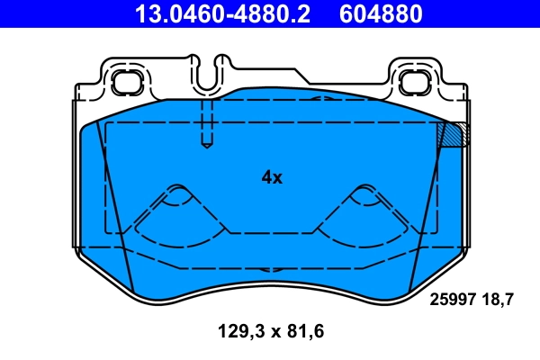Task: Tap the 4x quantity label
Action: click(272, 177)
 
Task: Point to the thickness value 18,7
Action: click(499, 301)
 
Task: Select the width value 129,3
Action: click(238, 332)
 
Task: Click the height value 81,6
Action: click(305, 332)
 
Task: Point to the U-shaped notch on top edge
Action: click(216, 72)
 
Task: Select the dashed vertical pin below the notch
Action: click(206, 121)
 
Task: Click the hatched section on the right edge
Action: click(452, 134)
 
